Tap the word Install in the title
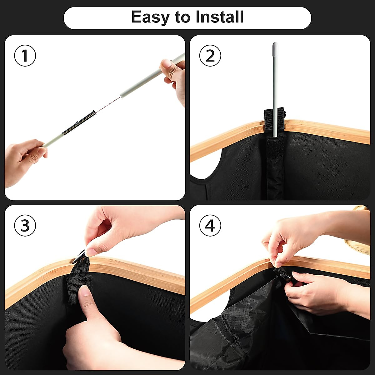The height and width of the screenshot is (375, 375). pos(220,17)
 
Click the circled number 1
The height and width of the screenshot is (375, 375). pos(25,56)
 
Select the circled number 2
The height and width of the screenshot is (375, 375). pos(210,56)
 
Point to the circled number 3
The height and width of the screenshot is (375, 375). pos(25,226)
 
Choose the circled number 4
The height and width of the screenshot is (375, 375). pos(210,226)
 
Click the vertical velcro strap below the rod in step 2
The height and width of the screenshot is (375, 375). pos(275,167)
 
